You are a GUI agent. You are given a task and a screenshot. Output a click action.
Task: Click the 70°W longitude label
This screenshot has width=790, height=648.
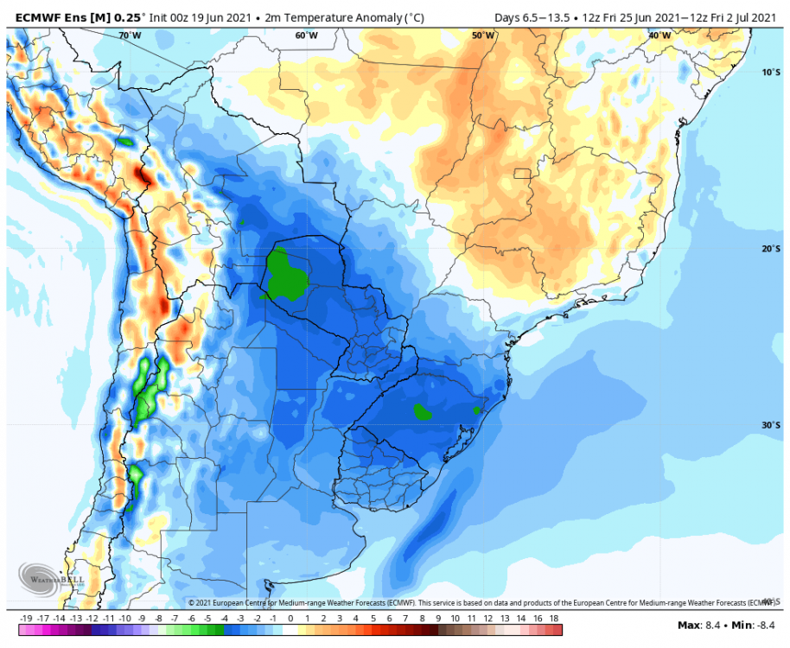[x=130, y=35]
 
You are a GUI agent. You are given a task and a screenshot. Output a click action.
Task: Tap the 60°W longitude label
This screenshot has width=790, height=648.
[x=306, y=35]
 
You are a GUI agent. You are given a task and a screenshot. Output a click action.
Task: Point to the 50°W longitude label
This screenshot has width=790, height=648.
[x=483, y=35]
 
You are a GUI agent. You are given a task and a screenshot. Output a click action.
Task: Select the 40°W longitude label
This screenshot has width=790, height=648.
[x=659, y=35]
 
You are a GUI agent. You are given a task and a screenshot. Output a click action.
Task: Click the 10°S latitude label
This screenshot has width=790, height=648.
[x=771, y=73]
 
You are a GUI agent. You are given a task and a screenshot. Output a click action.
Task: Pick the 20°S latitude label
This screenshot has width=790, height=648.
[x=771, y=249]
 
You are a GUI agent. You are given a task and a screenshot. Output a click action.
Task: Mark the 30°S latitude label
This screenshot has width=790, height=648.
[x=771, y=425]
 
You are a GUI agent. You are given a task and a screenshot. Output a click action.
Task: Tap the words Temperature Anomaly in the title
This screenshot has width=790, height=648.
[x=317, y=16]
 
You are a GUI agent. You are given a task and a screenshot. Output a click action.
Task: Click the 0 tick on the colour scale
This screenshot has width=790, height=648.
[x=290, y=619]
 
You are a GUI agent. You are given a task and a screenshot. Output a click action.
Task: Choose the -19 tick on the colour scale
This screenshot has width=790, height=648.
[x=26, y=619]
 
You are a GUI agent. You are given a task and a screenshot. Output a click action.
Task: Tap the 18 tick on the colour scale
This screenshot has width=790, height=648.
[x=553, y=619]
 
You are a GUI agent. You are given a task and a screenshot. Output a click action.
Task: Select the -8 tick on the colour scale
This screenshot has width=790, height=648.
[x=158, y=619]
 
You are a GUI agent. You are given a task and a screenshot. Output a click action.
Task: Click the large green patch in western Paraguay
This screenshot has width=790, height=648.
[x=282, y=272]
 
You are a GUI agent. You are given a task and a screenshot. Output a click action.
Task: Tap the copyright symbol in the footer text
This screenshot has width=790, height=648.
[x=192, y=602]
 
